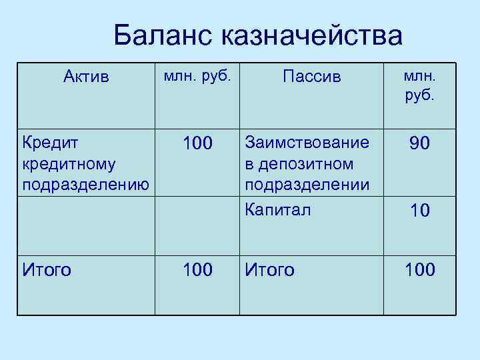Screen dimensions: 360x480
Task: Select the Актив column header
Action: [x=85, y=77]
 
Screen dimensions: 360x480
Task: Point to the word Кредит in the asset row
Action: [x=50, y=143]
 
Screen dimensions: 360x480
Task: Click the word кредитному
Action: [x=69, y=163]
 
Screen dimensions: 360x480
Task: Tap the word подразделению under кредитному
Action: [x=85, y=184]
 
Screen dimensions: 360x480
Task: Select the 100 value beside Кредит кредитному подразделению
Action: [x=197, y=143]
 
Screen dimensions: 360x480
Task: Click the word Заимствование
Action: [x=307, y=143]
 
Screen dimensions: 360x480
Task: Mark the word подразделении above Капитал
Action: [x=307, y=184]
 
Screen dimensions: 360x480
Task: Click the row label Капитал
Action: [x=278, y=210]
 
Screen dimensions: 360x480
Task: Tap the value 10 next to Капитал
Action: [x=419, y=211]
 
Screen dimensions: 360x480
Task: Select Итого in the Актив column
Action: [x=47, y=270]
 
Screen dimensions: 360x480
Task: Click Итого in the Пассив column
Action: [x=269, y=270]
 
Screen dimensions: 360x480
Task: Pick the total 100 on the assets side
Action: [x=197, y=270]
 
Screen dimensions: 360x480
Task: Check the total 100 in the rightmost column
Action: [x=419, y=270]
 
